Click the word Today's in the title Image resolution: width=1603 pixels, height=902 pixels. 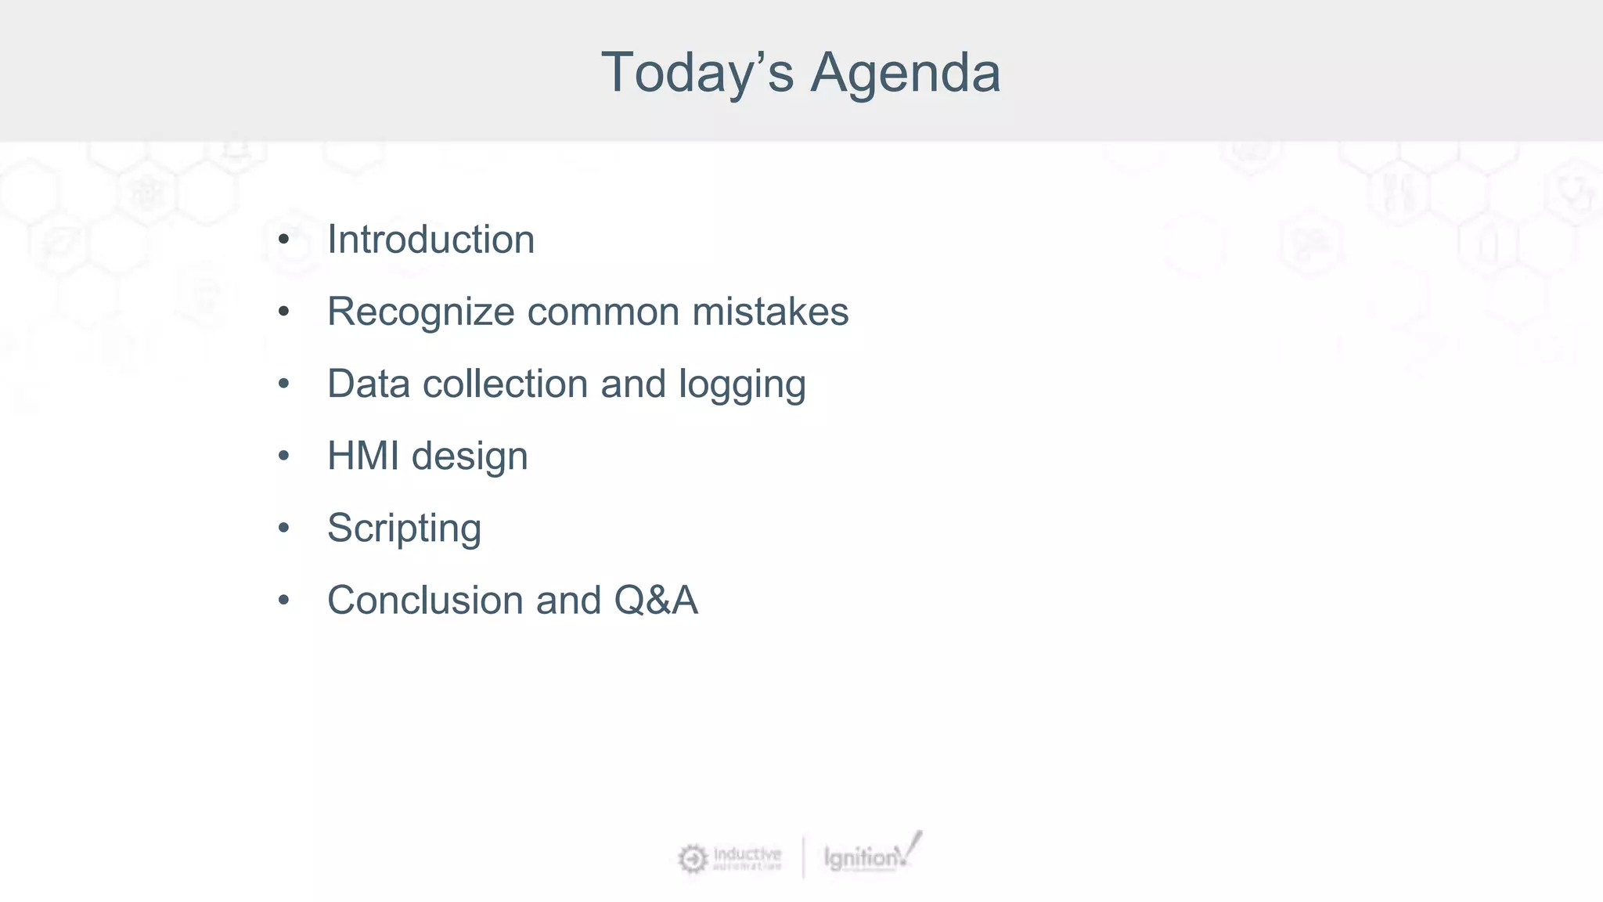pyautogui.click(x=697, y=73)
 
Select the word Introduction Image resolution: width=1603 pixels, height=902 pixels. pyautogui.click(x=430, y=240)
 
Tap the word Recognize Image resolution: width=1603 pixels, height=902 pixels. pyautogui.click(x=420, y=312)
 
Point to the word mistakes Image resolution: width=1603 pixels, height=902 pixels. pyautogui.click(x=770, y=312)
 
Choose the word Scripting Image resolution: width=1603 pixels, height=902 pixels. pyautogui.click(x=404, y=529)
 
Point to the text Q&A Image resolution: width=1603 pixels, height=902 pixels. pyautogui.click(x=655, y=601)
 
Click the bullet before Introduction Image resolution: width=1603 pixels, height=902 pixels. pyautogui.click(x=283, y=240)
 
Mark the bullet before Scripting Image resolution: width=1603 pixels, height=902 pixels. pyautogui.click(x=283, y=529)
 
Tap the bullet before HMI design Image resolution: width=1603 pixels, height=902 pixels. pyautogui.click(x=283, y=456)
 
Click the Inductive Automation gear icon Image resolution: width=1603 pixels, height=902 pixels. pyautogui.click(x=692, y=859)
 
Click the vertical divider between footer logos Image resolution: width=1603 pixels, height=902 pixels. pyautogui.click(x=803, y=857)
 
